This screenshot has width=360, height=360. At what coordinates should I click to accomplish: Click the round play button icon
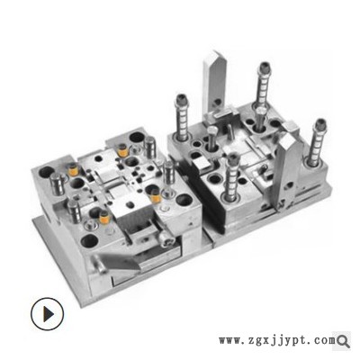click(x=47, y=314)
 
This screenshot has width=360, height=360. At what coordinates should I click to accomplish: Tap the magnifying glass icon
click(x=343, y=341)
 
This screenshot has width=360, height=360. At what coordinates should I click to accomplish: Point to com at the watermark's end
click(x=326, y=340)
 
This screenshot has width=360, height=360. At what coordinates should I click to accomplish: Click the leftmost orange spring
click(x=73, y=169)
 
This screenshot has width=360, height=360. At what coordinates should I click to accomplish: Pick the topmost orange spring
click(x=122, y=150)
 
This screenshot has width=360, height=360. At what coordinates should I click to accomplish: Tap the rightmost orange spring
click(x=156, y=196)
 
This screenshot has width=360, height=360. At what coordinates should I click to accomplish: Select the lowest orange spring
click(x=104, y=218)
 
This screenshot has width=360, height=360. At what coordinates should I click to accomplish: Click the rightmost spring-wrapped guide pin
click(x=317, y=142)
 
